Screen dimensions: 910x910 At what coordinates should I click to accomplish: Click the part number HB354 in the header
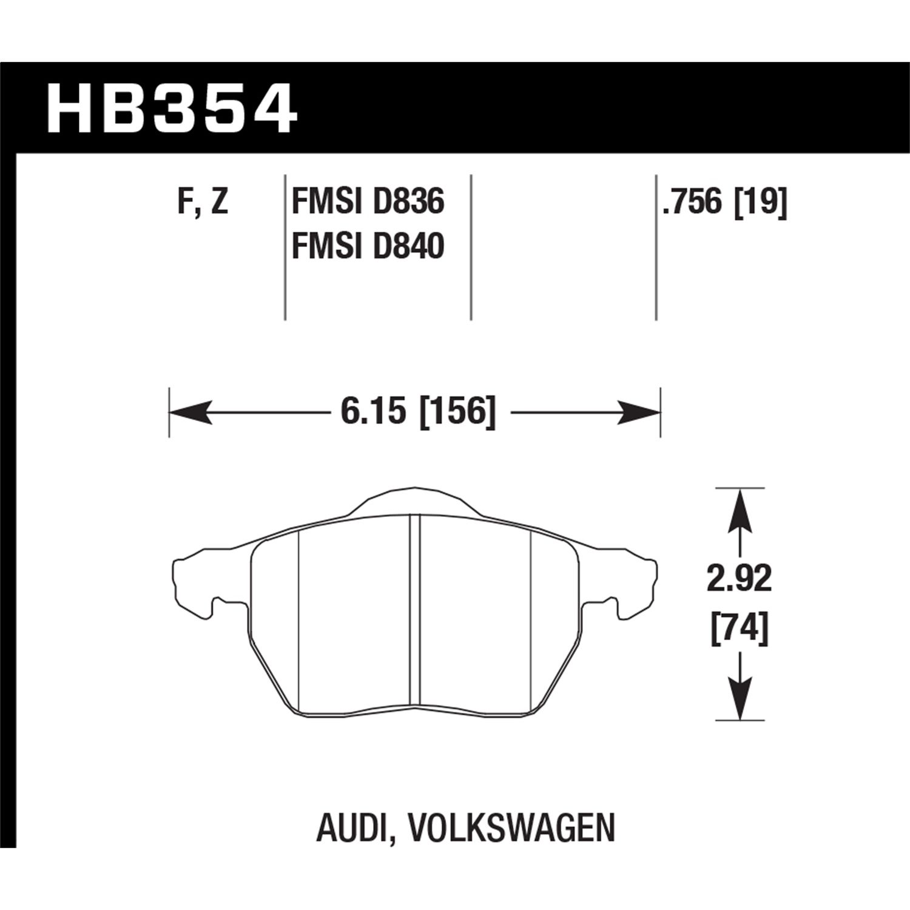pyautogui.click(x=172, y=110)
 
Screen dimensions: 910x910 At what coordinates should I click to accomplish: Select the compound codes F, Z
pyautogui.click(x=203, y=201)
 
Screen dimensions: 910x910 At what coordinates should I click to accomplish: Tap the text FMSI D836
pyautogui.click(x=368, y=201)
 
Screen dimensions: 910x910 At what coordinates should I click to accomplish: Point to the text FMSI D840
pyautogui.click(x=368, y=246)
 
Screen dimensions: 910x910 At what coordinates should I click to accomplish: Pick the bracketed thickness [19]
pyautogui.click(x=761, y=201)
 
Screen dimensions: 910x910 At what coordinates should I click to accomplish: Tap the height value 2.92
pyautogui.click(x=739, y=579)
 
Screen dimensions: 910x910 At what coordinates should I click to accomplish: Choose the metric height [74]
pyautogui.click(x=739, y=628)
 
